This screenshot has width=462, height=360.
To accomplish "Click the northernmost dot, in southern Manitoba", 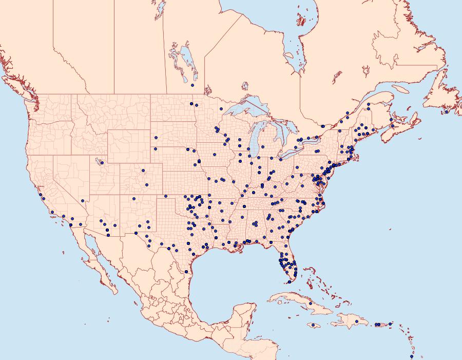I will (192, 85).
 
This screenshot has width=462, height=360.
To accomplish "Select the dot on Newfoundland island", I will (447, 111).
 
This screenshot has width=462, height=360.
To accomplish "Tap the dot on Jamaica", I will (313, 325).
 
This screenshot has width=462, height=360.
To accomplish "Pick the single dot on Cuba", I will (310, 304).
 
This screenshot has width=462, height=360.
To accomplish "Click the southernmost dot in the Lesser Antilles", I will (411, 356).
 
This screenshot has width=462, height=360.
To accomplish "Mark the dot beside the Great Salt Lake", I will (102, 163).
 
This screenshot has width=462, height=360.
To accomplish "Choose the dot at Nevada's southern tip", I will (83, 201).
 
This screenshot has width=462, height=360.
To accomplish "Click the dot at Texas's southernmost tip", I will (186, 271).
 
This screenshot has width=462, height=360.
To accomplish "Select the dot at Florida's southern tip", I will (289, 281).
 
